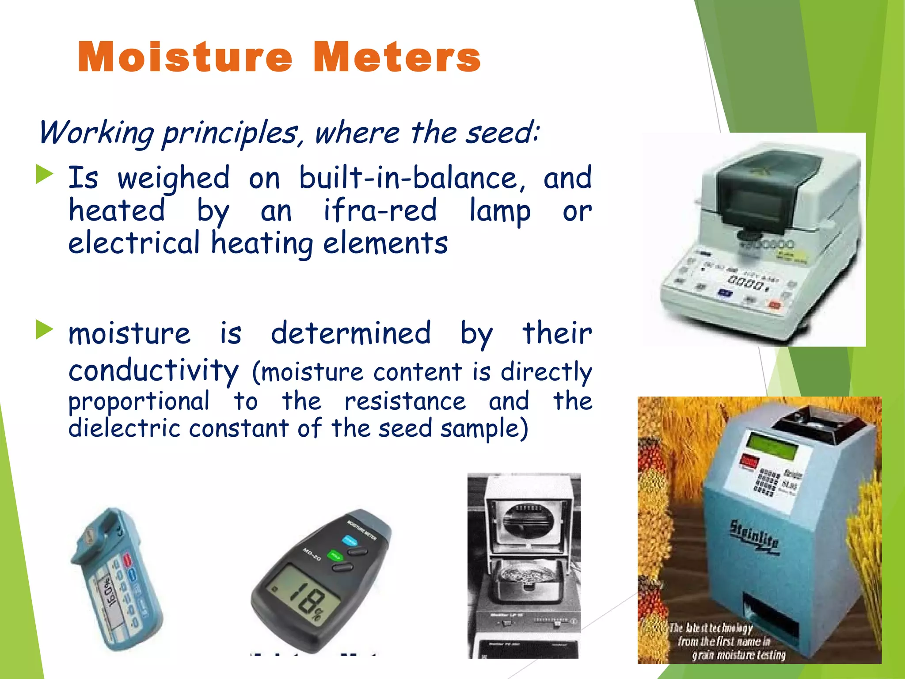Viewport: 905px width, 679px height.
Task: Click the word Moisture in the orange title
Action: click(185, 57)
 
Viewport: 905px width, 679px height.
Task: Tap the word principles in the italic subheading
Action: click(230, 133)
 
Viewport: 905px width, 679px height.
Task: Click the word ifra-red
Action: click(380, 210)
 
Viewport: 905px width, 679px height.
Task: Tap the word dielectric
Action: click(124, 428)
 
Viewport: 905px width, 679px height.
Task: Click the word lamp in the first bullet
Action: click(499, 211)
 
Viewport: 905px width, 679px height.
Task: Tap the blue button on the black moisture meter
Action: click(350, 540)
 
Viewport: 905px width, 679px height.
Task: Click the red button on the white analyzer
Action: click(774, 305)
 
